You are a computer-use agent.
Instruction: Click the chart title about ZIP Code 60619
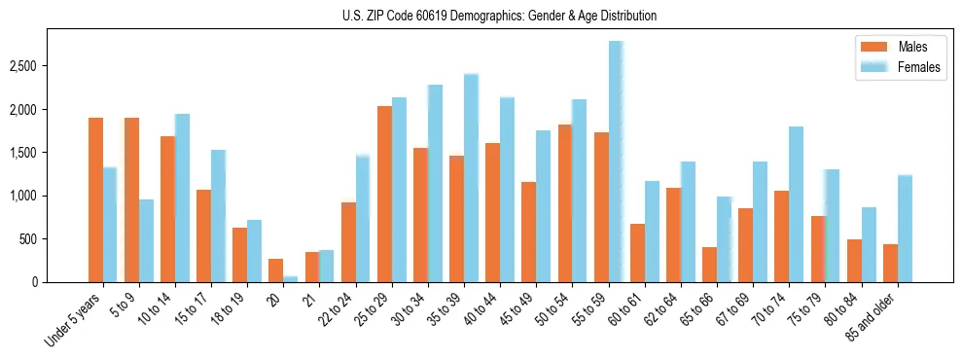tap(500, 16)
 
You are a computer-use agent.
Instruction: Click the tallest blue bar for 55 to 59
tap(616, 162)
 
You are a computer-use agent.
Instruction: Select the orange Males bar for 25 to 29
tap(384, 195)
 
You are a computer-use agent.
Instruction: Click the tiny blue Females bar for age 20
tap(291, 279)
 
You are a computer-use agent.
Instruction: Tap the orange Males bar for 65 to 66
tap(709, 265)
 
